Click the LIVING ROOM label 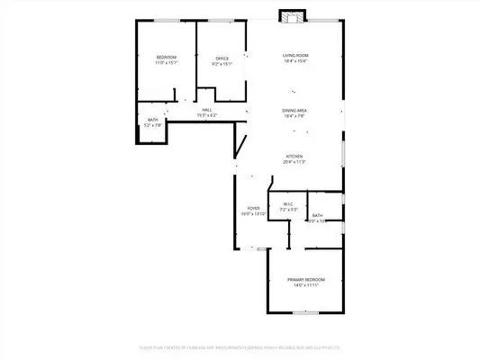[x=294, y=56]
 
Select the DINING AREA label [x=294, y=111]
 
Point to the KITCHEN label [x=294, y=156]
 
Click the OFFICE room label [x=222, y=58]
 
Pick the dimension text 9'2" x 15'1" [x=222, y=64]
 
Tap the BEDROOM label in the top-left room [x=167, y=58]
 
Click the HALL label [x=207, y=110]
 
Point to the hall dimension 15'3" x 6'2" [x=207, y=115]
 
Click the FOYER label [x=253, y=207]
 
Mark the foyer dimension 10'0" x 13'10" [x=253, y=213]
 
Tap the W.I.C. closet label [x=289, y=203]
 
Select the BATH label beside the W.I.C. [x=317, y=216]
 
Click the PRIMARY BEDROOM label [x=306, y=280]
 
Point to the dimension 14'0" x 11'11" [x=306, y=286]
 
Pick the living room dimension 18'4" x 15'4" [x=294, y=62]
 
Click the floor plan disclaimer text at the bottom [x=240, y=344]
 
